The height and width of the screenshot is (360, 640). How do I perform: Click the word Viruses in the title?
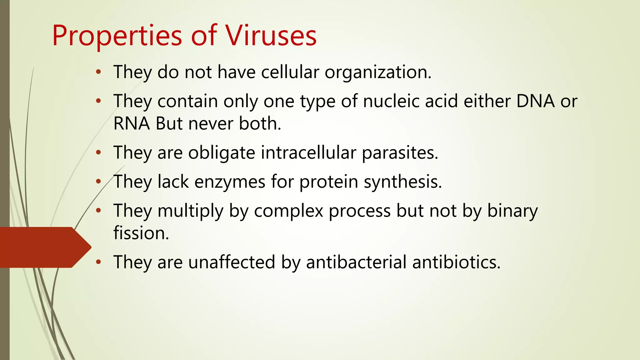[x=271, y=36]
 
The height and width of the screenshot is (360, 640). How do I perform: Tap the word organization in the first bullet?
[x=378, y=72]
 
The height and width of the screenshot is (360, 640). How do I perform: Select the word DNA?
[x=535, y=101]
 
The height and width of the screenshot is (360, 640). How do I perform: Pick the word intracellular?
[x=308, y=153]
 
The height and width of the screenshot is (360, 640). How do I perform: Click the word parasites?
[x=400, y=153]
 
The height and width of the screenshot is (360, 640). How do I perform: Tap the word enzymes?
[x=230, y=182]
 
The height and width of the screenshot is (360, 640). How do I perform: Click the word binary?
[x=512, y=211]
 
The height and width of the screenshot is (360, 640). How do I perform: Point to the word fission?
[x=141, y=233]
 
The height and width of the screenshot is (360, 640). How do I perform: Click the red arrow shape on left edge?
[x=44, y=247]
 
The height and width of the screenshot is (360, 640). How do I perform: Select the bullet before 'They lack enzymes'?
[x=98, y=182]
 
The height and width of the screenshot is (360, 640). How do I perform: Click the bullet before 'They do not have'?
[x=98, y=72]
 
